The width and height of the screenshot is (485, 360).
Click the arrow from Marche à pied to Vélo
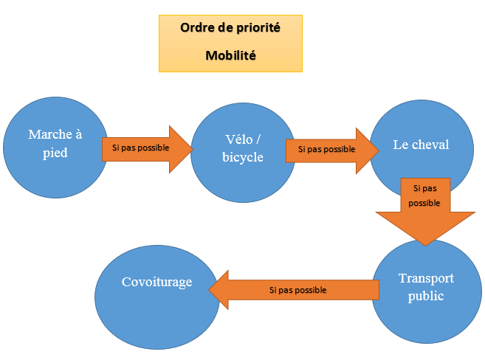click(x=148, y=148)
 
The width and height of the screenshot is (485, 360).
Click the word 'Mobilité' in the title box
click(x=230, y=55)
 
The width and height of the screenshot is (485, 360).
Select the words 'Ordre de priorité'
click(x=230, y=27)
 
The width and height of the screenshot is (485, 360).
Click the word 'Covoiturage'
click(x=156, y=282)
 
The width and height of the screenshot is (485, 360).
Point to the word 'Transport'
click(x=426, y=279)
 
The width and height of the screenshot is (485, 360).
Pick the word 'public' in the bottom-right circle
click(x=426, y=296)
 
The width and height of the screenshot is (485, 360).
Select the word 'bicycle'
click(x=242, y=157)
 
